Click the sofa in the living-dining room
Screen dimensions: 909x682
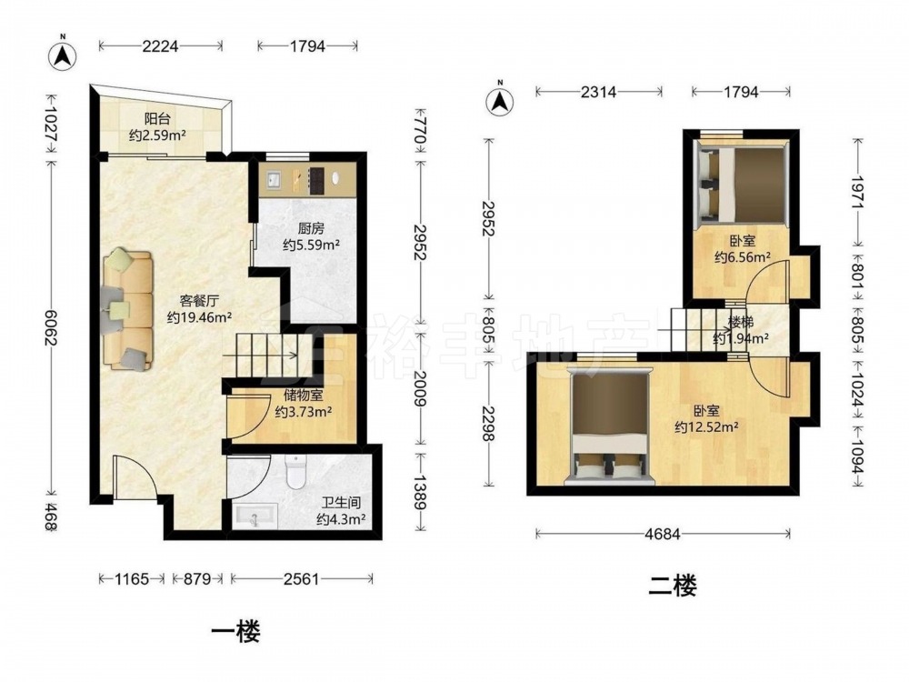(127, 310)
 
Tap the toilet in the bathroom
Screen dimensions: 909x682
(295, 471)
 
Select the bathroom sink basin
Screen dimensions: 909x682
(255, 517)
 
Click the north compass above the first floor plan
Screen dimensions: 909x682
(63, 55)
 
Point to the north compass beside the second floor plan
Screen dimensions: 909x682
(500, 101)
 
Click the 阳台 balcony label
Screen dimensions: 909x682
(157, 119)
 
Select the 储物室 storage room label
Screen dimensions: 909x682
(303, 396)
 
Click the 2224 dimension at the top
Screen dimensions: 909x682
(160, 45)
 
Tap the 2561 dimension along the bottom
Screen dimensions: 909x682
(302, 578)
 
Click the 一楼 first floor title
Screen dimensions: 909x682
(235, 631)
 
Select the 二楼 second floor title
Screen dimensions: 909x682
(672, 586)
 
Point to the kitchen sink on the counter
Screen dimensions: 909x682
(272, 180)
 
